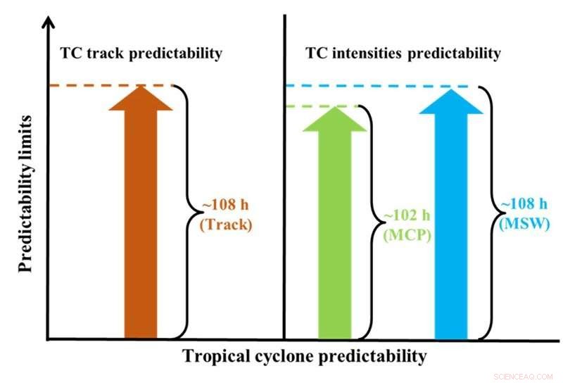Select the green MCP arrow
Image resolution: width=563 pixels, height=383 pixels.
[334, 225]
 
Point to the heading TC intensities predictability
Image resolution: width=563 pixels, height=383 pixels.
[403, 54]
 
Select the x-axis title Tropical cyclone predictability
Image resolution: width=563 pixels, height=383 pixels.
[305, 356]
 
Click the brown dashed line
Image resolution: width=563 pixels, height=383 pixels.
[77, 86]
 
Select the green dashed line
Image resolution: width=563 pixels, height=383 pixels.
[303, 106]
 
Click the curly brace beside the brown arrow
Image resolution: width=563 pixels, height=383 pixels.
[186, 211]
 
